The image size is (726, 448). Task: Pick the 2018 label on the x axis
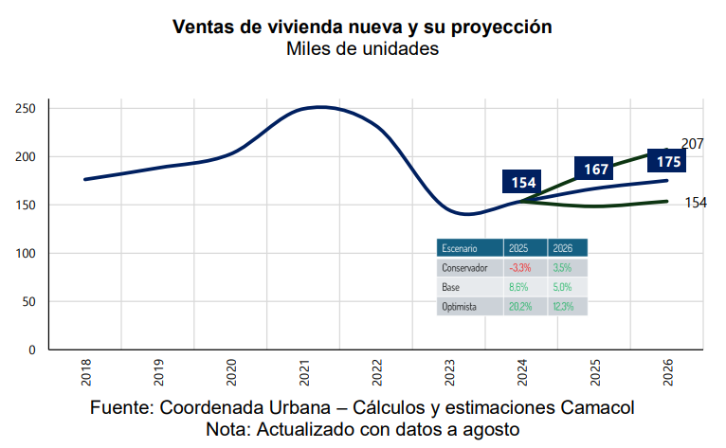tap(86, 373)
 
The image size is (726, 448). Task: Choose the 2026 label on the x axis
tap(668, 373)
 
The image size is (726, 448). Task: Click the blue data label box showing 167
tap(596, 169)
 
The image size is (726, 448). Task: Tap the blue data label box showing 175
tap(668, 161)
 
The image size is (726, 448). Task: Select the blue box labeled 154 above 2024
tap(523, 182)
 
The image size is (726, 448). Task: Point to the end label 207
tap(692, 144)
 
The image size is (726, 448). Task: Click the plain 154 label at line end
tap(696, 203)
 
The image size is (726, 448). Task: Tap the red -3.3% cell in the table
tap(519, 268)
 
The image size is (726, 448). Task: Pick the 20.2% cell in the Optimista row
tap(519, 307)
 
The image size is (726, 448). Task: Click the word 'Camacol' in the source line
tap(597, 408)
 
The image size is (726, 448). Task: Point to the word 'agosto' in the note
tap(488, 430)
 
